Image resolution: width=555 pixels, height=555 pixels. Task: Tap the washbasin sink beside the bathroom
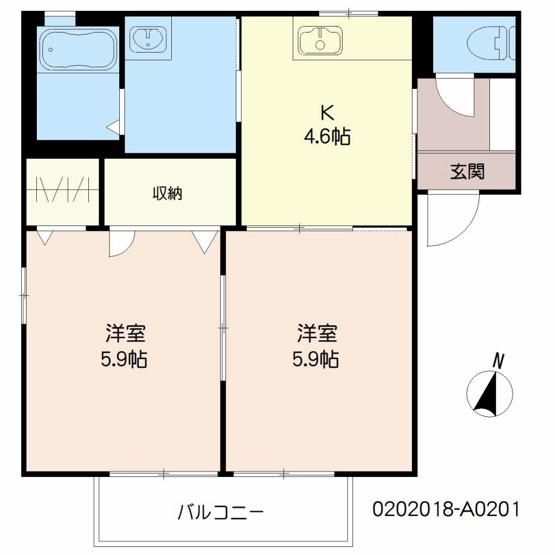[x=149, y=39]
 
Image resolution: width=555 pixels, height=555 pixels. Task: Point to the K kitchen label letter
[x=326, y=112]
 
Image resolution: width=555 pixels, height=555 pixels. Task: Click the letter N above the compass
[x=498, y=360]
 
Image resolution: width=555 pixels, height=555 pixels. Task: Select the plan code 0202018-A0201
[x=446, y=509]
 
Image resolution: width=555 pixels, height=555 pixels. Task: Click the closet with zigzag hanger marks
[x=63, y=191]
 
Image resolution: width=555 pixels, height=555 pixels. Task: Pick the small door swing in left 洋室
[x=121, y=242]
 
